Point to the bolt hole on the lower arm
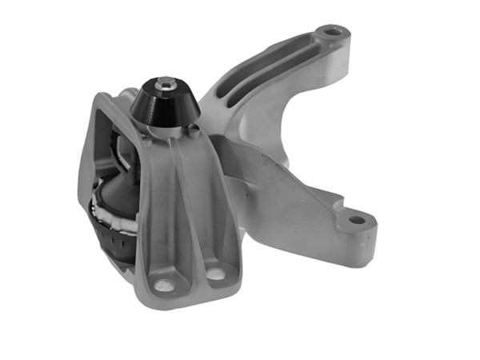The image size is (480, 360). (x=357, y=218)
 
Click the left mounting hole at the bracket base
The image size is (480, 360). (x=166, y=284)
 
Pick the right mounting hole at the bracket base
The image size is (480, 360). (x=215, y=274)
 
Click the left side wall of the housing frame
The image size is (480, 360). (x=90, y=160)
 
